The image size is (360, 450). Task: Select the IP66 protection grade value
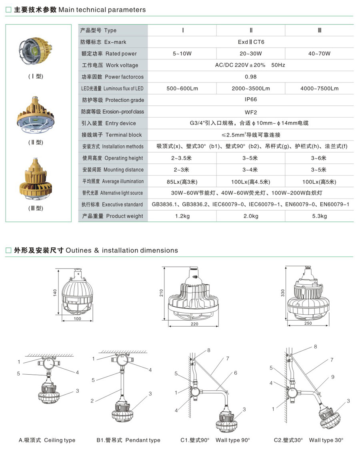pos(251,100)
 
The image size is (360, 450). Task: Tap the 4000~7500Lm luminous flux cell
pos(319,88)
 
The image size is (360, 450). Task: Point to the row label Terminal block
pos(112,135)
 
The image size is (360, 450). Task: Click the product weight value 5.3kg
pos(319,216)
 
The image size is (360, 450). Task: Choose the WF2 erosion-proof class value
pos(251,112)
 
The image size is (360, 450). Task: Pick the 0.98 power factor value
pos(251,77)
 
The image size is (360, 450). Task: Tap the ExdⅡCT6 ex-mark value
pos(251,42)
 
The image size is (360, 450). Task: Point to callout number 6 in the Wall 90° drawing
pos(236,373)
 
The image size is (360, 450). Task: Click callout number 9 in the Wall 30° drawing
pos(332,377)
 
